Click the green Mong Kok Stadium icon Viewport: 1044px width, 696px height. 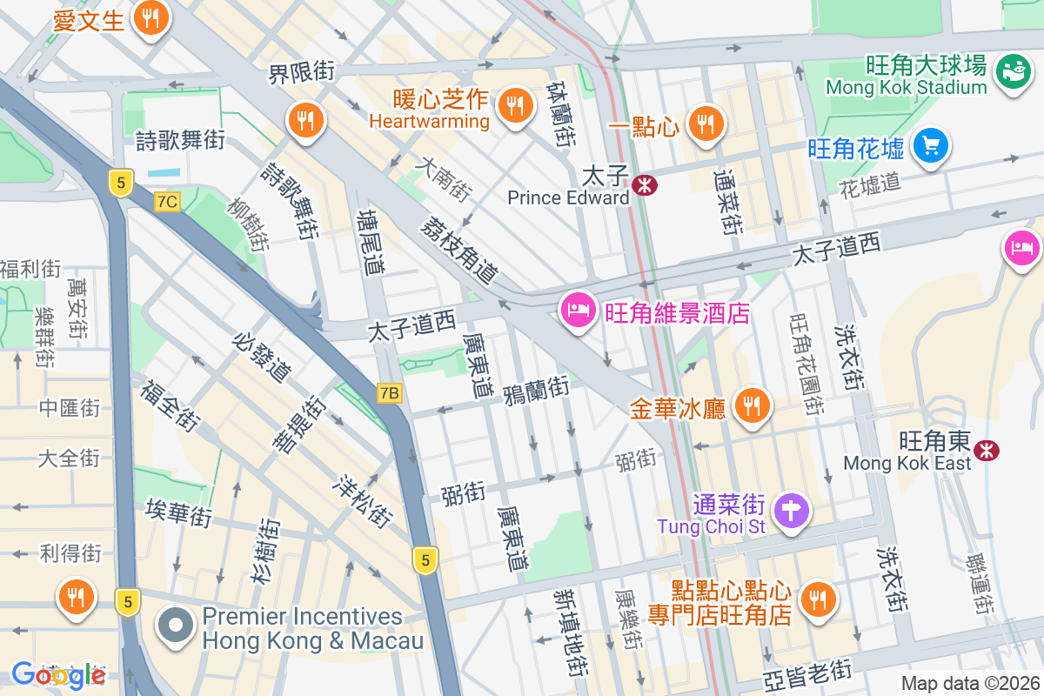pyautogui.click(x=1013, y=69)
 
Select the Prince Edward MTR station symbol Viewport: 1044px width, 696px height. pyautogui.click(x=645, y=185)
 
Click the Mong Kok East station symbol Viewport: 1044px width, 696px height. pyautogui.click(x=986, y=450)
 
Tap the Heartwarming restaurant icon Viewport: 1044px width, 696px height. pyautogui.click(x=515, y=104)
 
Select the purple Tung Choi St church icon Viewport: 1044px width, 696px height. pyautogui.click(x=791, y=509)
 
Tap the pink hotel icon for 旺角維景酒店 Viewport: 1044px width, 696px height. pyautogui.click(x=578, y=310)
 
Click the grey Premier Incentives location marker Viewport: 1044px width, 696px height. pyautogui.click(x=177, y=626)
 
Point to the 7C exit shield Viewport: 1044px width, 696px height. pyautogui.click(x=167, y=202)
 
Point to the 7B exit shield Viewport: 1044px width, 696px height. pyautogui.click(x=390, y=393)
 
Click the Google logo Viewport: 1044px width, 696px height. pyautogui.click(x=58, y=674)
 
